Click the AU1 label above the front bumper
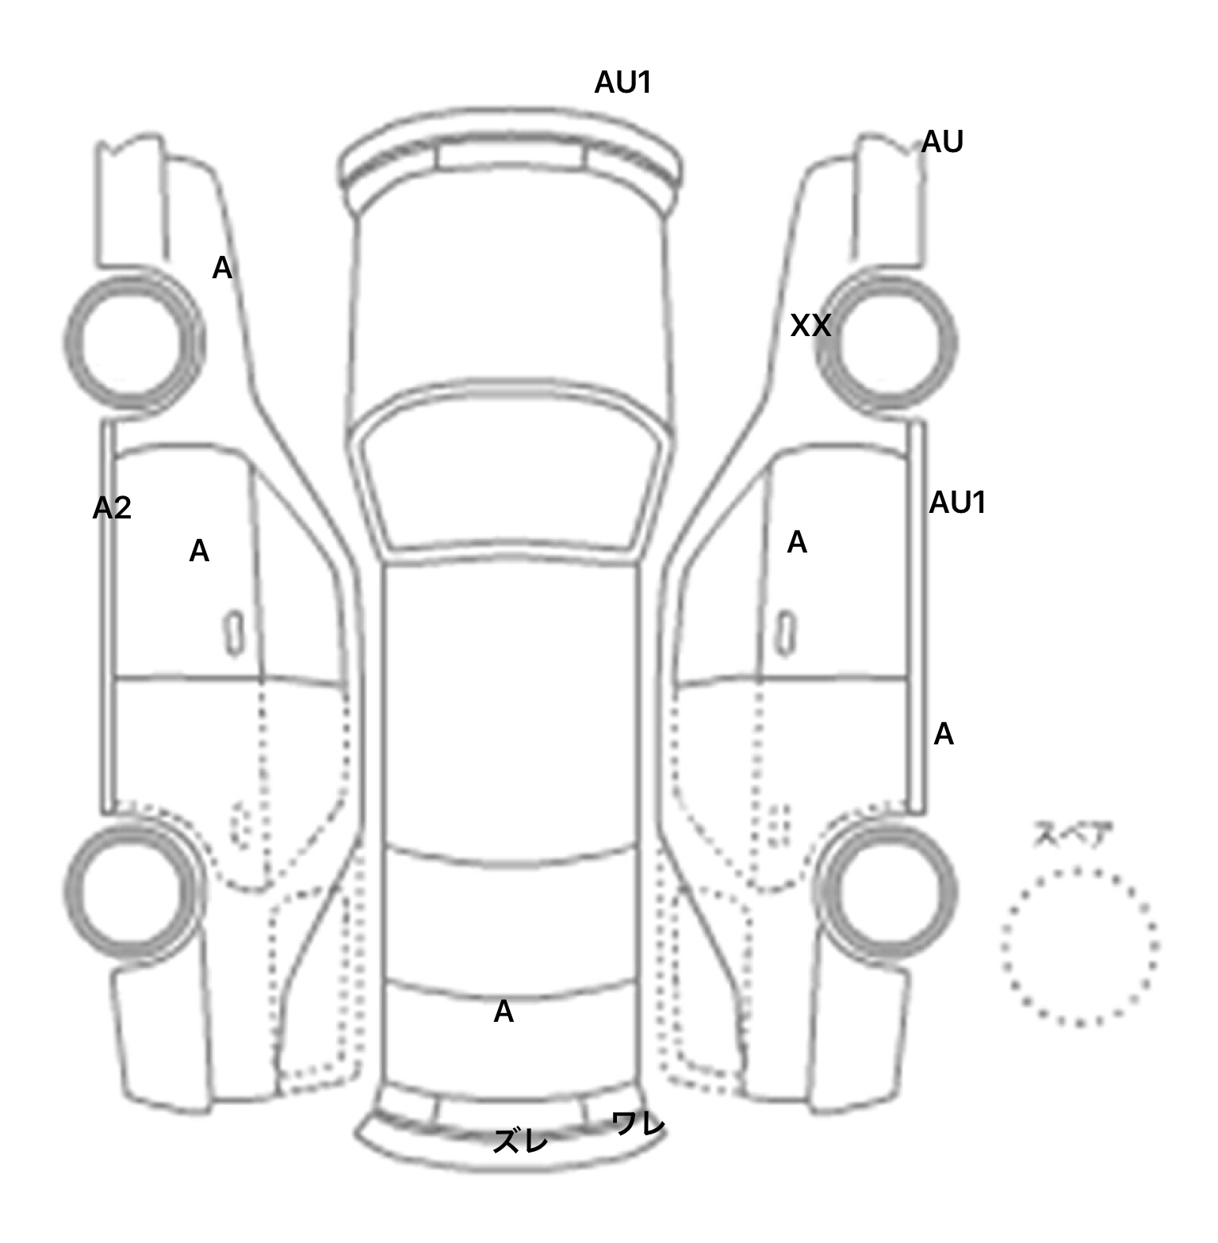(x=623, y=82)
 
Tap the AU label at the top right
(x=942, y=143)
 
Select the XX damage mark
(x=810, y=326)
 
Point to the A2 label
(x=112, y=508)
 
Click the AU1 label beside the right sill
(x=957, y=503)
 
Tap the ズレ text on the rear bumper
(x=520, y=1142)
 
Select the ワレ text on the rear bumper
(x=638, y=1124)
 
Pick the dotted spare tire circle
(x=1079, y=947)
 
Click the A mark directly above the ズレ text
(x=504, y=1012)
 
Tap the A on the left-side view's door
(x=199, y=551)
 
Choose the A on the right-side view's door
(x=797, y=542)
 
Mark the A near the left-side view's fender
(x=222, y=269)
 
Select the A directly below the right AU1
(x=944, y=735)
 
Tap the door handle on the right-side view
(x=786, y=633)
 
